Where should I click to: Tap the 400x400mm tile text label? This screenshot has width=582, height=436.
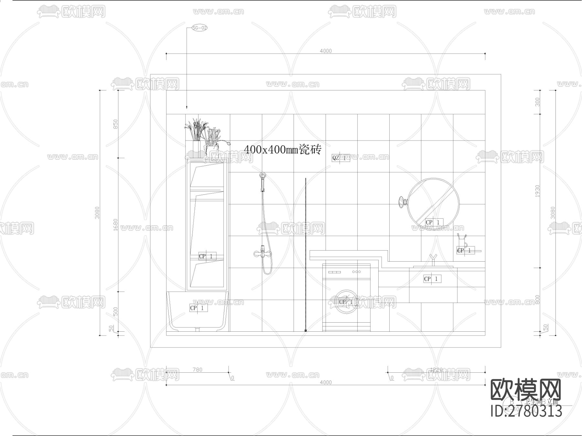pos(282,150)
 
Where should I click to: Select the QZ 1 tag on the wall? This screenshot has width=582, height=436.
pos(340,158)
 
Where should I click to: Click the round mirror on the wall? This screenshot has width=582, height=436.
pos(433,203)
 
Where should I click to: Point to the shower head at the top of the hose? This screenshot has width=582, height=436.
pos(262,176)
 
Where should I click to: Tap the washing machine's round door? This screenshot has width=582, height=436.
pos(346,302)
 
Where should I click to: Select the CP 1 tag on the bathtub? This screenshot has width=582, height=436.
pos(198,308)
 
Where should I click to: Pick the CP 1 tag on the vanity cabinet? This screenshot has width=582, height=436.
pos(432,279)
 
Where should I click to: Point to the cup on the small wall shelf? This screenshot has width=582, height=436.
pos(462,241)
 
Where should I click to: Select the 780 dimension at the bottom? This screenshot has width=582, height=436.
pos(197,369)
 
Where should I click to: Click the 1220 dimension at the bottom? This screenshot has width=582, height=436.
pos(436,369)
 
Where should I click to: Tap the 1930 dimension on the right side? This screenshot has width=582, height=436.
pos(537,191)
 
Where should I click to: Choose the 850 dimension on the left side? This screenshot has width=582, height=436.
pos(115,124)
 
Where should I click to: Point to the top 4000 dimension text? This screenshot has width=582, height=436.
pos(326,51)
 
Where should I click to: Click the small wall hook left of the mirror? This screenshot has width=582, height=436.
pos(403,202)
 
